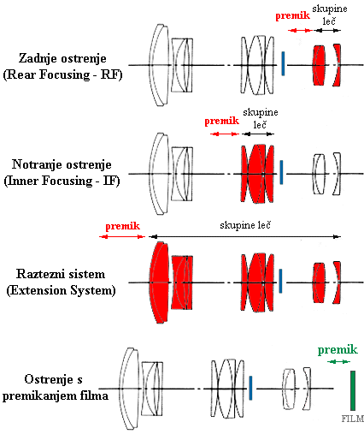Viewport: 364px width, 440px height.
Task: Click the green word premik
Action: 338,349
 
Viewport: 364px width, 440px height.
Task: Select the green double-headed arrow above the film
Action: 338,362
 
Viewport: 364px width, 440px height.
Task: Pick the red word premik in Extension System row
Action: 122,226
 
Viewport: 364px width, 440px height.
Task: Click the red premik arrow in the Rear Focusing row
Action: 299,29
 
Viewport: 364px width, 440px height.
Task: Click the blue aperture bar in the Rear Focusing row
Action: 282,63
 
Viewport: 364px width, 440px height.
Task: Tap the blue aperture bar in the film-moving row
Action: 250,388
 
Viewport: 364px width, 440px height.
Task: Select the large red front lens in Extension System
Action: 156,282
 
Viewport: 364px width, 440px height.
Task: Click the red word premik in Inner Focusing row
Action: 224,122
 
